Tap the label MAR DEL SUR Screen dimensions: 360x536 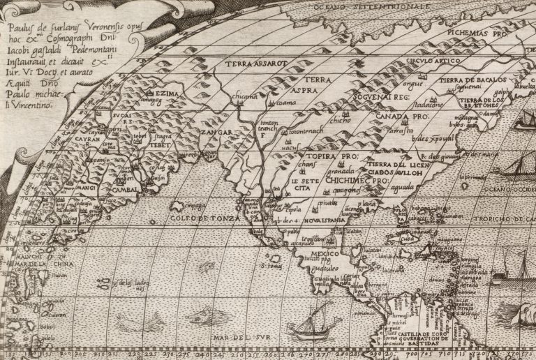click(239, 340)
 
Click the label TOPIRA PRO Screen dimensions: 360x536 click(329, 158)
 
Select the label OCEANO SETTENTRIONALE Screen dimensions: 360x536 click(362, 8)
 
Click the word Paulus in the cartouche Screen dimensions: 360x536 click(23, 29)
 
